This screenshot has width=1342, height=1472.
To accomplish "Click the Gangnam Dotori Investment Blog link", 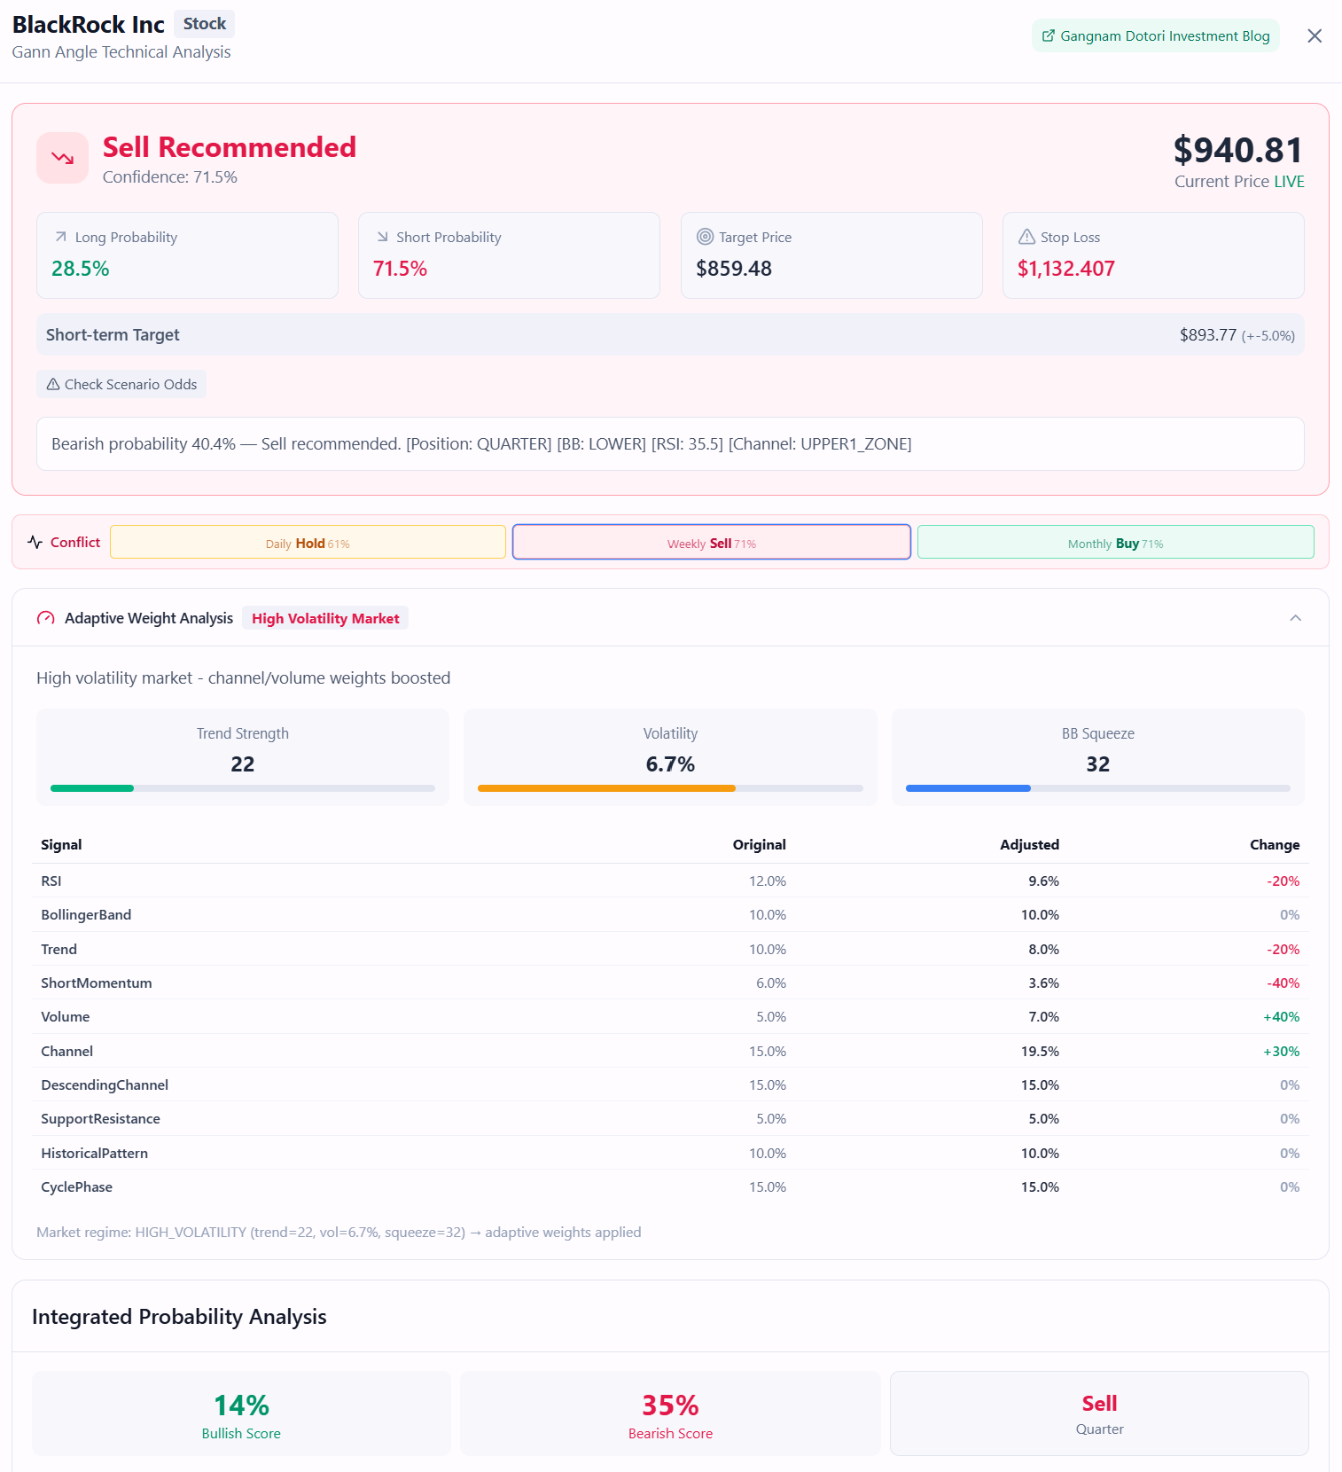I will [1155, 36].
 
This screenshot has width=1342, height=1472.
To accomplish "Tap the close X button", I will [1315, 36].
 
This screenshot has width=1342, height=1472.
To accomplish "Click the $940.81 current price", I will [1237, 151].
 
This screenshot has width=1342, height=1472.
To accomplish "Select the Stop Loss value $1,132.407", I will [1065, 269].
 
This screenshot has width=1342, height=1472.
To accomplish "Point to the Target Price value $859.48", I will [734, 269].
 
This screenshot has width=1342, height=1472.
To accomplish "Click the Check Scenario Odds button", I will [121, 385].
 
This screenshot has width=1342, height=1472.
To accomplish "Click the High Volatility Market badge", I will [325, 619].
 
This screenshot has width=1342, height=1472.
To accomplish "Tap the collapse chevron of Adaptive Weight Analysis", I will [1295, 618].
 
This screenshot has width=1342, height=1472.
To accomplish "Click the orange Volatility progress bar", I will [606, 788].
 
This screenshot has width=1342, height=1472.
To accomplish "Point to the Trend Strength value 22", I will [243, 764].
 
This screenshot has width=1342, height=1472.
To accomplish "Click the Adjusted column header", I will [1029, 845].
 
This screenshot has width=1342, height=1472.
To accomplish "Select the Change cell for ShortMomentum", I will [1283, 983].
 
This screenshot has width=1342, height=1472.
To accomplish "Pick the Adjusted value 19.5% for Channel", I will [1040, 1052].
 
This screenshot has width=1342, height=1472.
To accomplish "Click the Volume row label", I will [66, 1017].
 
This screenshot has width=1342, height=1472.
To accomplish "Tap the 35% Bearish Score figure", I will [670, 1405].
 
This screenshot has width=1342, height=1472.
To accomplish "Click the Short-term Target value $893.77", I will [1207, 335].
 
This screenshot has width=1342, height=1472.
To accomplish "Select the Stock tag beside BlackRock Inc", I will [205, 24].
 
